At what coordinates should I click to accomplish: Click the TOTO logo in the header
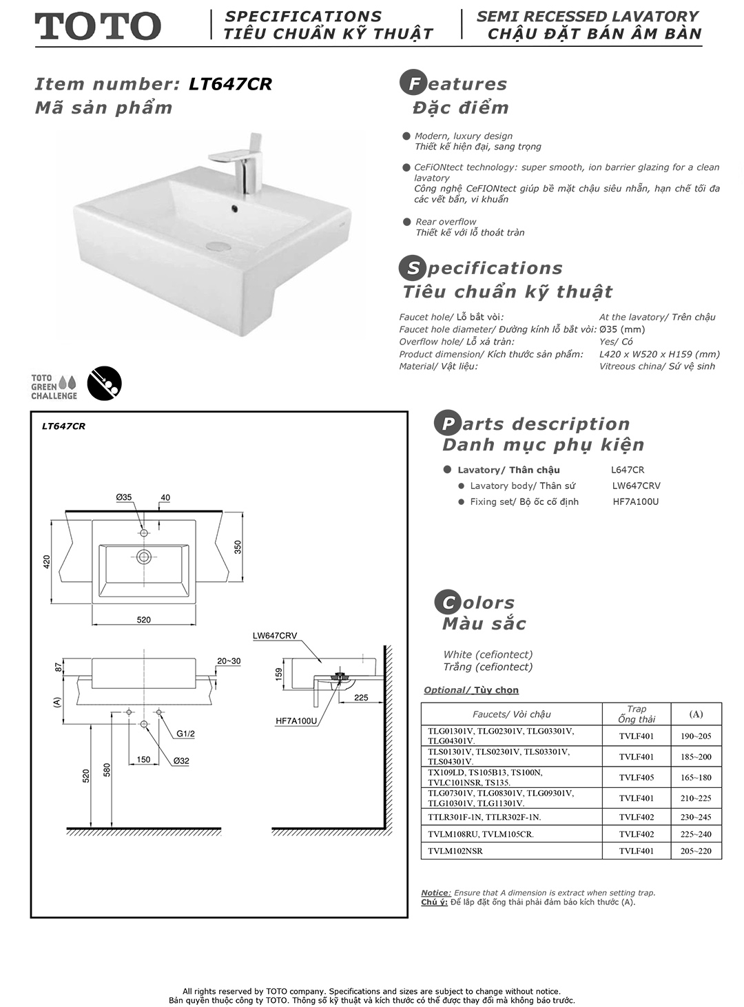click(x=98, y=26)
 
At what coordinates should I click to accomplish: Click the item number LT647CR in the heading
click(x=230, y=84)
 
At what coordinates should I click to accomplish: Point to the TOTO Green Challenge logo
click(x=54, y=387)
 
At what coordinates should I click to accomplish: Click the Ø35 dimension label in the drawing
click(x=124, y=497)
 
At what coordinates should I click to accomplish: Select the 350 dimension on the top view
click(x=238, y=547)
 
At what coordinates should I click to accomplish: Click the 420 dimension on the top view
click(x=47, y=561)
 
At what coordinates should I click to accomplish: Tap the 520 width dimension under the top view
click(x=143, y=620)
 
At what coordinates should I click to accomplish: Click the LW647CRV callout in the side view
click(x=275, y=636)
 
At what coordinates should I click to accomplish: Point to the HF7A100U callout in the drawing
click(x=296, y=721)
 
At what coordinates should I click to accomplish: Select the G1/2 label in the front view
click(x=185, y=734)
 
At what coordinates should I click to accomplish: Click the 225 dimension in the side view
click(x=361, y=698)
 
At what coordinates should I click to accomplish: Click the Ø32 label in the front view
click(x=181, y=761)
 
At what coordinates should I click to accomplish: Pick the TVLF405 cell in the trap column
click(x=636, y=778)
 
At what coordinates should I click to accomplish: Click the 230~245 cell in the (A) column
click(x=696, y=818)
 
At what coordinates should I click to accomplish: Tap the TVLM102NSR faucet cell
click(x=455, y=851)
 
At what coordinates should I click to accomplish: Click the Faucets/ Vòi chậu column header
click(x=511, y=714)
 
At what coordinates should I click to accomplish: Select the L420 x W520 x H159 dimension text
click(x=659, y=354)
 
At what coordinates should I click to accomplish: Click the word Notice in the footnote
click(x=435, y=893)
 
